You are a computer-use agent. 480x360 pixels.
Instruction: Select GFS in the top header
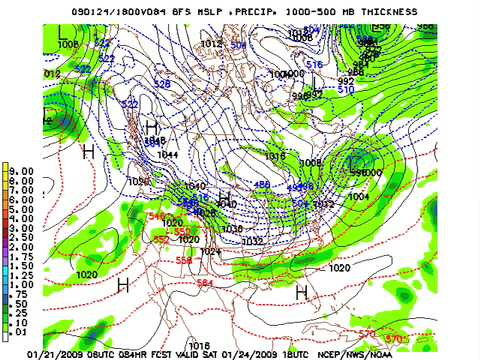[x=150, y=10]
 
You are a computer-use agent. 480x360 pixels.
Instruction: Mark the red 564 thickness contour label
[x=205, y=283]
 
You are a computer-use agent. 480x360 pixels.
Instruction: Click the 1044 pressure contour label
[x=168, y=155]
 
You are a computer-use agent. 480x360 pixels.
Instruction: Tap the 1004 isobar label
[x=357, y=196]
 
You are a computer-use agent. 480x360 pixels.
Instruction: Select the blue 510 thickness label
[x=347, y=89]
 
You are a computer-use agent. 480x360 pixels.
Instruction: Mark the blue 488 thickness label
[x=261, y=185]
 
